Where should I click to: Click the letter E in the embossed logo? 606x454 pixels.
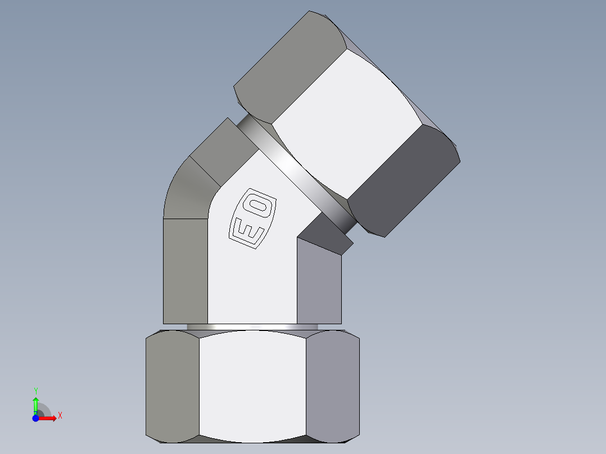pos(245,230)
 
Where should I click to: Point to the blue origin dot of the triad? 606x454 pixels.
pos(35,418)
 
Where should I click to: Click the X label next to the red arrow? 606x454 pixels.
pos(60,416)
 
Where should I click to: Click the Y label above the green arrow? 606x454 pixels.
pos(35,391)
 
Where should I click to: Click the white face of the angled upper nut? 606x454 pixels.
pos(346,124)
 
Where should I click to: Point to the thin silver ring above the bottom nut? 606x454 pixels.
pos(253,326)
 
